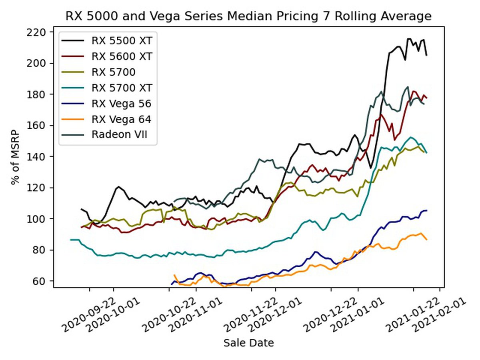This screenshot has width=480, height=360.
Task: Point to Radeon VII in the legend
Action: point(119,134)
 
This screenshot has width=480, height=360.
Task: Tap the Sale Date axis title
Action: point(248,343)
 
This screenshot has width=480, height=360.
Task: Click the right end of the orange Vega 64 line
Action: point(427,240)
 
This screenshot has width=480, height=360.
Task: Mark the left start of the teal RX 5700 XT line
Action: point(70,240)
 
